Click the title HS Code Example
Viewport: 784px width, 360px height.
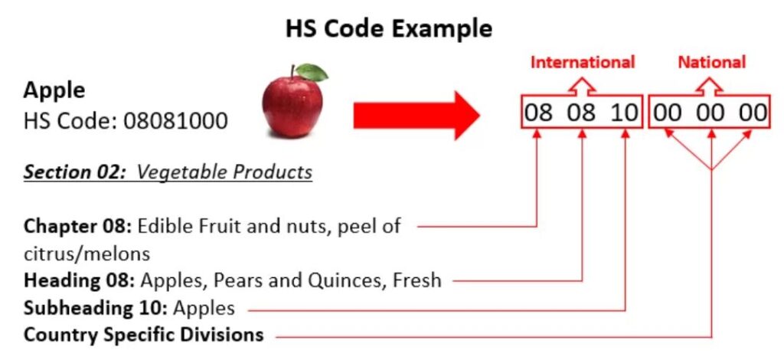point(388,28)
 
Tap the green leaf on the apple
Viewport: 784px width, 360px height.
point(312,72)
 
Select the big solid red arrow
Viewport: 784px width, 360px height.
point(416,116)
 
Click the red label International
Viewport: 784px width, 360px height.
point(582,63)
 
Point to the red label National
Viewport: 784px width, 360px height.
point(711,63)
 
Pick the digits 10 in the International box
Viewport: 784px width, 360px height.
point(624,113)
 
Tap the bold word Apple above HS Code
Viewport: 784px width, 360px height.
point(54,91)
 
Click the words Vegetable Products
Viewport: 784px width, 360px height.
point(224,172)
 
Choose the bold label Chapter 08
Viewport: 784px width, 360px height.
point(77,226)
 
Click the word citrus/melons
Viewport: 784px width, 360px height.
point(87,254)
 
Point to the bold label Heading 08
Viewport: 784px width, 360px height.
point(79,280)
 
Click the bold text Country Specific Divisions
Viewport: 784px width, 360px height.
point(143,335)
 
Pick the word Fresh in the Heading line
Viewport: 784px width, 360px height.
point(417,280)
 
